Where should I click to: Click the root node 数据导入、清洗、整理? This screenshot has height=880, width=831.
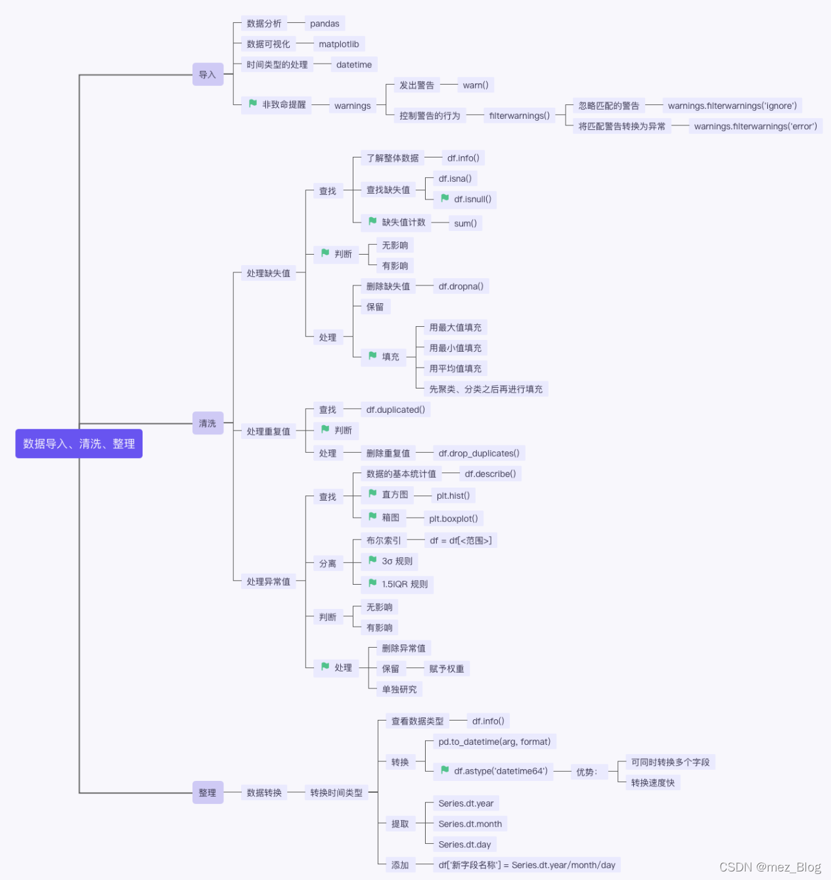[x=79, y=444]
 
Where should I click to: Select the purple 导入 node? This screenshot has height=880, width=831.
[x=208, y=75]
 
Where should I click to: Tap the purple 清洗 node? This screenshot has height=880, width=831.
[x=208, y=423]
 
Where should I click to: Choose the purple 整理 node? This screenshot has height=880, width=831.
[x=208, y=793]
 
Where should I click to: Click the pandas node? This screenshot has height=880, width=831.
[x=325, y=24]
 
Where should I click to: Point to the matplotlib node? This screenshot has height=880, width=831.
[x=339, y=44]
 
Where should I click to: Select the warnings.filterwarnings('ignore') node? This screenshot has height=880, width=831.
[x=732, y=106]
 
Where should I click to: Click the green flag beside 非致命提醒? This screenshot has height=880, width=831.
[x=253, y=104]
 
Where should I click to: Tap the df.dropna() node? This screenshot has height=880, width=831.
[x=460, y=286]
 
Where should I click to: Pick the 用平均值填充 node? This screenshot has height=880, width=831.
[x=455, y=369]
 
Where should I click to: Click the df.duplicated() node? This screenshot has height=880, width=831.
[x=395, y=409]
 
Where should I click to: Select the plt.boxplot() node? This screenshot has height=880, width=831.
[x=453, y=518]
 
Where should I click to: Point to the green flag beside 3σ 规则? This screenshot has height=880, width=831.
[x=372, y=560]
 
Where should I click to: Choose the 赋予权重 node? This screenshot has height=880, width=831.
[x=447, y=669]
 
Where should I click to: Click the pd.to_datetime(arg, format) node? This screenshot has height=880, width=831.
[x=495, y=742]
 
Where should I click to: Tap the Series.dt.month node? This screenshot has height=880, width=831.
[x=470, y=824]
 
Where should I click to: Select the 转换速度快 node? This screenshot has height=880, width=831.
[x=652, y=783]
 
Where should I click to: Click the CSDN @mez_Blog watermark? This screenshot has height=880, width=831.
[x=770, y=867]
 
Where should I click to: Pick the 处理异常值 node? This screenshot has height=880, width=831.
[x=268, y=581]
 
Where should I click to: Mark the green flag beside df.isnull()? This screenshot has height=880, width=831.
[x=445, y=198]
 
